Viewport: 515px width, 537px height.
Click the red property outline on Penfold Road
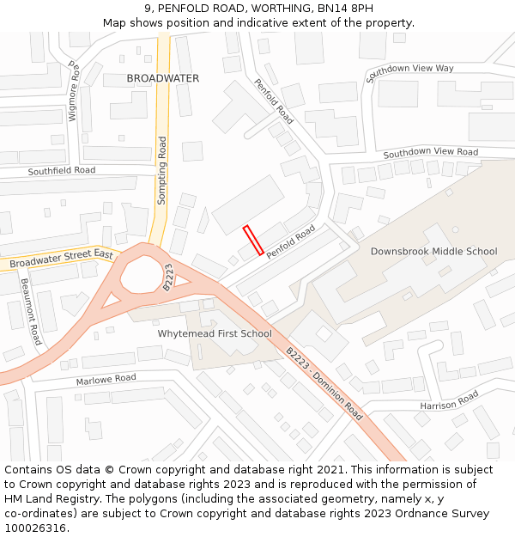click(253, 241)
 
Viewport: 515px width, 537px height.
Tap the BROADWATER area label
click(162, 78)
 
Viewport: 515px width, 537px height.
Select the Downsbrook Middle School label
click(433, 252)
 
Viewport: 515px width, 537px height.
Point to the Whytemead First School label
click(215, 333)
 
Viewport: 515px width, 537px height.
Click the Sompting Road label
click(162, 170)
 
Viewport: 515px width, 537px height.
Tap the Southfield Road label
click(62, 171)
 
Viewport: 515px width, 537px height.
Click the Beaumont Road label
click(31, 311)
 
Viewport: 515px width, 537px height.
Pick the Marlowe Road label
click(106, 379)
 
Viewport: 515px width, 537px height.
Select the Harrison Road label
click(449, 400)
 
